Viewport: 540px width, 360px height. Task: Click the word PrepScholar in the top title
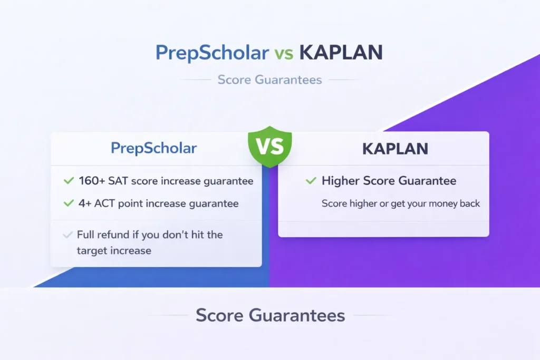tap(212, 53)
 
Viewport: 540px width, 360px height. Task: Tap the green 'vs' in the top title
tap(284, 54)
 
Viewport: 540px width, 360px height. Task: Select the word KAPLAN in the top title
tap(341, 53)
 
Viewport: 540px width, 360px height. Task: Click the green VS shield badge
tap(270, 147)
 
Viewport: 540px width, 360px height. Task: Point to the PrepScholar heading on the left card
tap(153, 148)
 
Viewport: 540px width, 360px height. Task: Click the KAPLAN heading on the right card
tap(395, 149)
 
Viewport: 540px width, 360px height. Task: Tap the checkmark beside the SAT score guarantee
tap(69, 180)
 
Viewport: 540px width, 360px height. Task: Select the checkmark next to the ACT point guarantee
tap(69, 203)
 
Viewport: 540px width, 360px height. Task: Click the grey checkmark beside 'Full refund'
tap(68, 235)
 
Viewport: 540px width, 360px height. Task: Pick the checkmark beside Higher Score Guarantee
tap(311, 180)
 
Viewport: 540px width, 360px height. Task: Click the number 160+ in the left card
tap(92, 181)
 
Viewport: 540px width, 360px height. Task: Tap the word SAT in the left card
tap(118, 181)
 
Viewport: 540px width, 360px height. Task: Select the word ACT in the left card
tap(104, 203)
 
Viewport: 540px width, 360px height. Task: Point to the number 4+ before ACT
tap(85, 203)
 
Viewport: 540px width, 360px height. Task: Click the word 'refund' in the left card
tap(113, 235)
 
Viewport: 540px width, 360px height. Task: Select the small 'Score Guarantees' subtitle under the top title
tap(269, 80)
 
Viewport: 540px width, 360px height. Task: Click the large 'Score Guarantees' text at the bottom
tap(271, 315)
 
